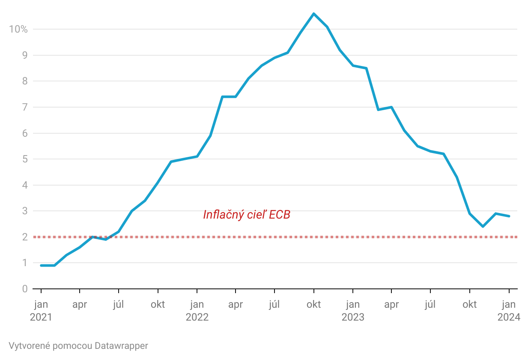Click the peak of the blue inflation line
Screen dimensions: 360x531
pyautogui.click(x=313, y=14)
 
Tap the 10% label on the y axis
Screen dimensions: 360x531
pyautogui.click(x=18, y=29)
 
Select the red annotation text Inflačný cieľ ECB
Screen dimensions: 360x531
pyautogui.click(x=247, y=214)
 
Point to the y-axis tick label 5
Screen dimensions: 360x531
pyautogui.click(x=25, y=159)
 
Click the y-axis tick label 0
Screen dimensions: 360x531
pyautogui.click(x=25, y=289)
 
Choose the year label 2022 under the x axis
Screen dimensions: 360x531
pyautogui.click(x=197, y=317)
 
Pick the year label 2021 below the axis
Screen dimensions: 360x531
pyautogui.click(x=41, y=317)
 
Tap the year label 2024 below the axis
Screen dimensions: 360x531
pyautogui.click(x=509, y=317)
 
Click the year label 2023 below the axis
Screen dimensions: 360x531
pyautogui.click(x=353, y=317)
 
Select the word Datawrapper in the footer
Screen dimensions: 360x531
pyautogui.click(x=122, y=346)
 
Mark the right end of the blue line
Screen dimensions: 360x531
pyautogui.click(x=509, y=216)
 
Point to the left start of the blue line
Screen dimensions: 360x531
pyautogui.click(x=41, y=265)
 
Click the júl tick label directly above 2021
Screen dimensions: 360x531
pyautogui.click(x=119, y=305)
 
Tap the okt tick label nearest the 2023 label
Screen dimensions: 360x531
pyautogui.click(x=313, y=305)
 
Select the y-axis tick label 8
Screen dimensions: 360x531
pyautogui.click(x=25, y=81)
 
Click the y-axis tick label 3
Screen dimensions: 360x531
pyautogui.click(x=25, y=211)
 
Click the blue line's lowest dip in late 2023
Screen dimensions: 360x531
pyautogui.click(x=483, y=226)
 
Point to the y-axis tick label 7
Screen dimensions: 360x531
pyautogui.click(x=25, y=107)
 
